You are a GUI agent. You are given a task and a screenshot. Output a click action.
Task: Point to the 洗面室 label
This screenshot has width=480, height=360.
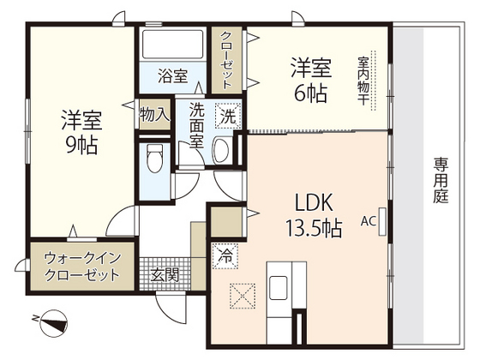tap(196, 125)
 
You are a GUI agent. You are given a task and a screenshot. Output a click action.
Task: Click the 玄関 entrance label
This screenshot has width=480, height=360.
tap(165, 276)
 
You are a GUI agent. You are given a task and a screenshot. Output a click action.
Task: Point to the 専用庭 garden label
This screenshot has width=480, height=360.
tap(441, 180)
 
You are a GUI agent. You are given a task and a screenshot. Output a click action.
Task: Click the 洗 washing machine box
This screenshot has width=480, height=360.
tap(227, 115)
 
